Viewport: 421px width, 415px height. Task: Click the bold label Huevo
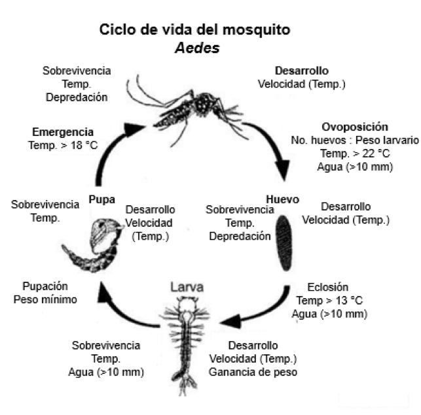click(282, 198)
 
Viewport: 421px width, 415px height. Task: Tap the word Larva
click(187, 287)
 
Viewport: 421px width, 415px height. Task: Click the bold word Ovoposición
click(355, 127)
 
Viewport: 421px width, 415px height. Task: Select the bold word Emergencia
click(62, 131)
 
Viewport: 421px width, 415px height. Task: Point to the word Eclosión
click(327, 287)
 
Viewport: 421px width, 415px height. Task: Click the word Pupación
click(49, 286)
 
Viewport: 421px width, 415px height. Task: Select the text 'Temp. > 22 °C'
click(354, 153)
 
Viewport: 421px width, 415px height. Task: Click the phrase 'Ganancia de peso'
click(253, 372)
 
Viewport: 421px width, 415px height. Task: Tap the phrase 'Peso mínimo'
click(49, 299)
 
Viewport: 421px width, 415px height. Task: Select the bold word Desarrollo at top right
click(302, 71)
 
